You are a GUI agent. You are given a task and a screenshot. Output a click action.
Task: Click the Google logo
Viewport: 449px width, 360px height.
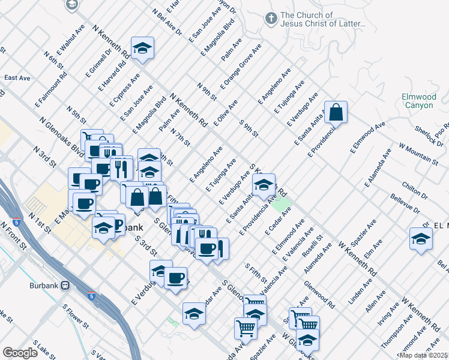[x=20, y=353]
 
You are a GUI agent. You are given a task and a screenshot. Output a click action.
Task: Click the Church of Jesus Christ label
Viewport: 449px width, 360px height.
[x=323, y=20]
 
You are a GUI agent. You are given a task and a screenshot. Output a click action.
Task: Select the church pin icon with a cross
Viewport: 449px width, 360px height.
[x=271, y=19]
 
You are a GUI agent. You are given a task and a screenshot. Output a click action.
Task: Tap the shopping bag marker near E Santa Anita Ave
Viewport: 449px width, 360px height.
[x=337, y=112]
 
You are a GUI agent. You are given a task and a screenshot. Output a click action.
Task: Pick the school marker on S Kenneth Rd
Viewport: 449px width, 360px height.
[x=264, y=187]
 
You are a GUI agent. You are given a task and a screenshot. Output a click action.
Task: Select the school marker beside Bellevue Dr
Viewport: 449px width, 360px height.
[x=421, y=239]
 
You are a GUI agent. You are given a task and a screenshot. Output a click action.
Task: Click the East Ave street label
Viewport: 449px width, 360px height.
[x=17, y=78]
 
